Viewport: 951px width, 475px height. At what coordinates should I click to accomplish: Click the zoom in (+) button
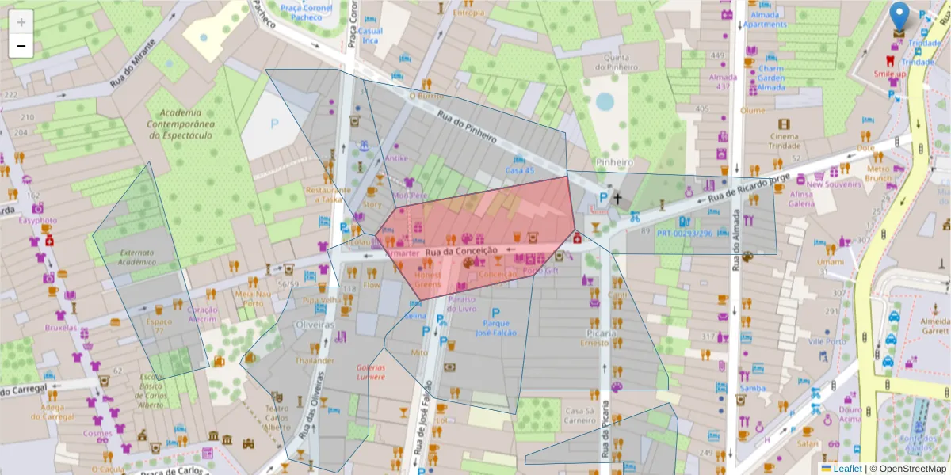pyautogui.click(x=21, y=22)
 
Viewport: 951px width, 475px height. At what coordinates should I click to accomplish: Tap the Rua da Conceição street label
pyautogui.click(x=460, y=251)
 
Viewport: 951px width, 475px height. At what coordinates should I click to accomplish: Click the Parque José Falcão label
pyautogui.click(x=496, y=328)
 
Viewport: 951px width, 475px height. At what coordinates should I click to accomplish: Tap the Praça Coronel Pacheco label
pyautogui.click(x=306, y=13)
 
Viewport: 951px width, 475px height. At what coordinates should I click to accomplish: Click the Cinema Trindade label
pyautogui.click(x=784, y=141)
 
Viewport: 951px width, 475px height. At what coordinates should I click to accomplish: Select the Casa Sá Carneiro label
pyautogui.click(x=590, y=416)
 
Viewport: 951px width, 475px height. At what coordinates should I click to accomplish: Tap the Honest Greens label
pyautogui.click(x=428, y=279)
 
